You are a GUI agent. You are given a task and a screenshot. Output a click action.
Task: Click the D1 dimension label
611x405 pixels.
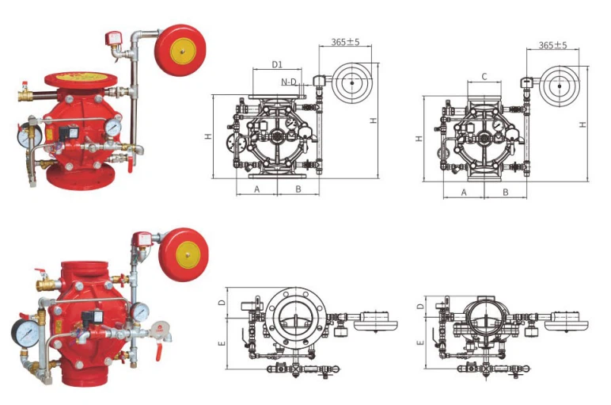(277, 64)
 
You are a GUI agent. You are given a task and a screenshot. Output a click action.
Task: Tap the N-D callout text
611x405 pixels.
(289, 82)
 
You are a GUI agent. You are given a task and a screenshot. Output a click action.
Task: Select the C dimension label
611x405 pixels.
(484, 76)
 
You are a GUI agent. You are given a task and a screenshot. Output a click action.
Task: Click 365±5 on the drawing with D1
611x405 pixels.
(345, 42)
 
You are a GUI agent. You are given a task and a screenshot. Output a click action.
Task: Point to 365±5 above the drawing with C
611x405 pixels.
(552, 45)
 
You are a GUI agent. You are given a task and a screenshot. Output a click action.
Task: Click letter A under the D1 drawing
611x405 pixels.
(256, 189)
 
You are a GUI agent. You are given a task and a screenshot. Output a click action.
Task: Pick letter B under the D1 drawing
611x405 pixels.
(298, 189)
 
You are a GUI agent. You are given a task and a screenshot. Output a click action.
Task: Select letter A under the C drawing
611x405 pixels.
(464, 193)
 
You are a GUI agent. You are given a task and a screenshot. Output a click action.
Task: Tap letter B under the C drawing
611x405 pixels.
(506, 193)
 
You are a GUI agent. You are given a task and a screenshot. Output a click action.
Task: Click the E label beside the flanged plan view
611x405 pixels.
(222, 343)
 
